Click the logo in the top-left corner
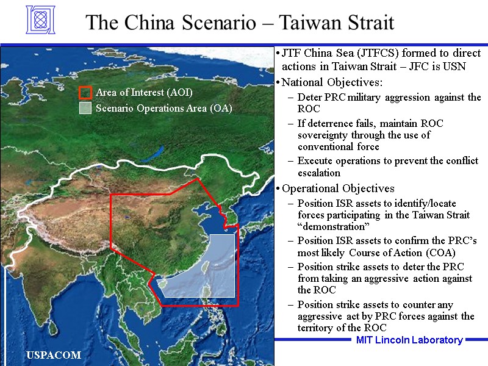[40, 20]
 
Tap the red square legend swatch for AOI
[85, 93]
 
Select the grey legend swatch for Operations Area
[85, 109]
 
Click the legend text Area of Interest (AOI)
[144, 93]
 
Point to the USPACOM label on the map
[54, 355]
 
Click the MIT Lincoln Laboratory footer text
[409, 340]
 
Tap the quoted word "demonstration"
[329, 226]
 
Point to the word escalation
[319, 173]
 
